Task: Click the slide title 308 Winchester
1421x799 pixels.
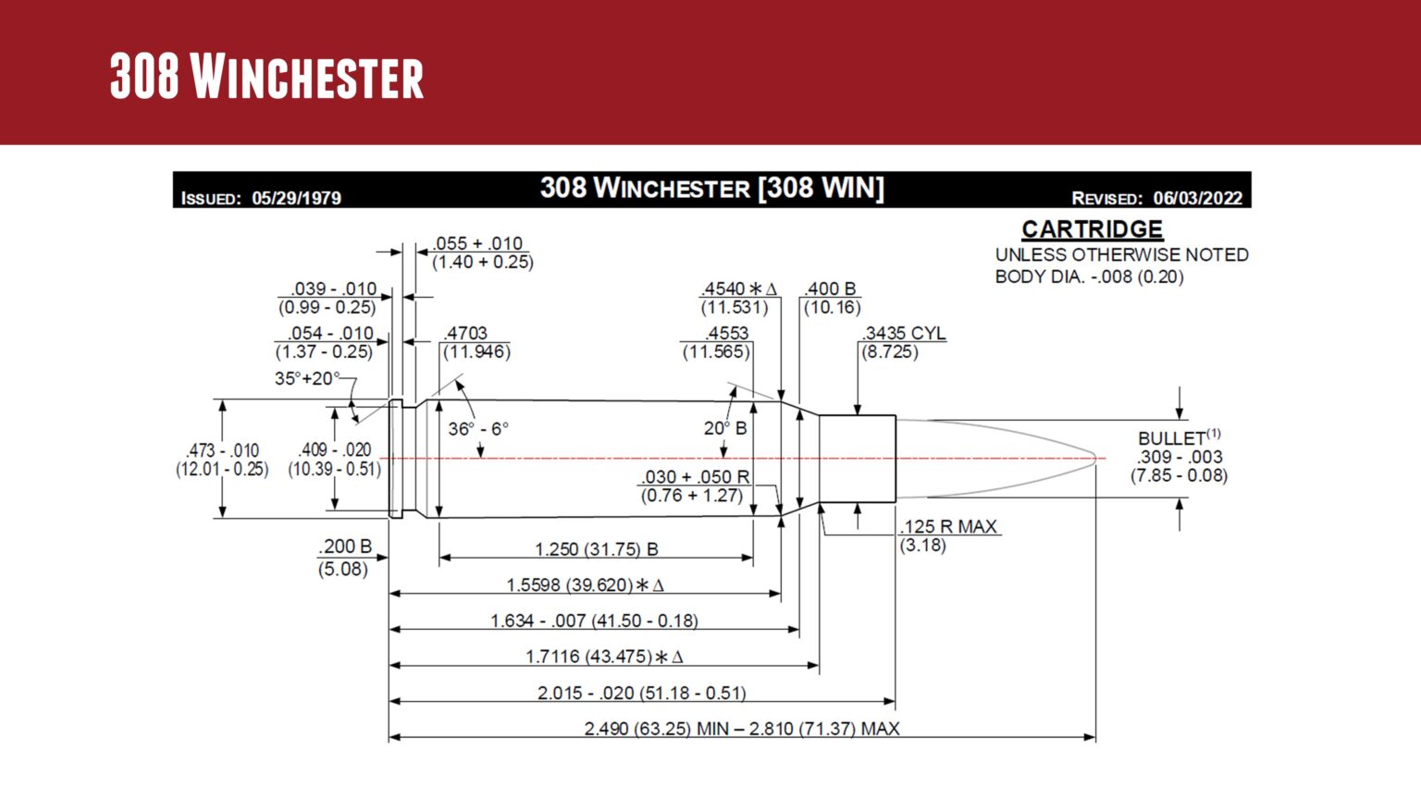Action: tap(266, 76)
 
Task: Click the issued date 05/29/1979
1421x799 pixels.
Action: tap(296, 198)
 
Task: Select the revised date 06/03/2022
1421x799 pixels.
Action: tap(1197, 198)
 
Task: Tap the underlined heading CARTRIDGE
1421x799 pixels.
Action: tap(1092, 228)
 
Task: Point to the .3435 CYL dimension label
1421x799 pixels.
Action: tap(904, 333)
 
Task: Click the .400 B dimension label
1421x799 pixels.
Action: tap(830, 289)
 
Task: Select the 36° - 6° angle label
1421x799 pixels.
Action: tap(478, 429)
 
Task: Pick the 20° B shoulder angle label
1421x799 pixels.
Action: tap(724, 428)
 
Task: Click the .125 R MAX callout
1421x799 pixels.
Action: tap(948, 526)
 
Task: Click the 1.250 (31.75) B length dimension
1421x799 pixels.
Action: tap(596, 549)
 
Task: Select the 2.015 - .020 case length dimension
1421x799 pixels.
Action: tap(641, 693)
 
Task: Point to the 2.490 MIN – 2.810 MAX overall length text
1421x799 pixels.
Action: tap(741, 729)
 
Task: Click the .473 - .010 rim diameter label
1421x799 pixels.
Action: tap(222, 450)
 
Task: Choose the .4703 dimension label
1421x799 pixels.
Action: tap(465, 333)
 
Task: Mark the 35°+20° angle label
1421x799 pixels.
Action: tap(306, 378)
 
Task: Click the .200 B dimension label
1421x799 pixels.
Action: tap(344, 547)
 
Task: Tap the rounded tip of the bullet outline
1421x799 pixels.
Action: tap(1096, 459)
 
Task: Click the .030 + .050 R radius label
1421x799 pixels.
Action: tap(695, 476)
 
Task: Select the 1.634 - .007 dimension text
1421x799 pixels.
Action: tap(594, 621)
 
